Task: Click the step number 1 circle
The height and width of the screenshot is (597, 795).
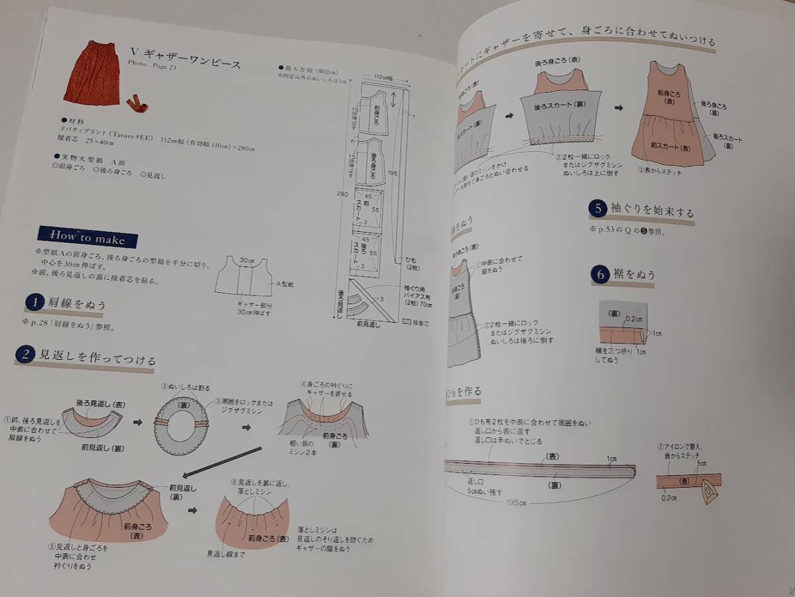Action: point(33,303)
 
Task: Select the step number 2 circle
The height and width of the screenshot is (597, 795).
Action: point(24,354)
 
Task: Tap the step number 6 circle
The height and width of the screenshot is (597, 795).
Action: point(600,274)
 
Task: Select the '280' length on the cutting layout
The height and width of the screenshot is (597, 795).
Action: point(342,194)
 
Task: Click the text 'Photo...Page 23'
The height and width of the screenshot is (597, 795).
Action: point(152,65)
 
